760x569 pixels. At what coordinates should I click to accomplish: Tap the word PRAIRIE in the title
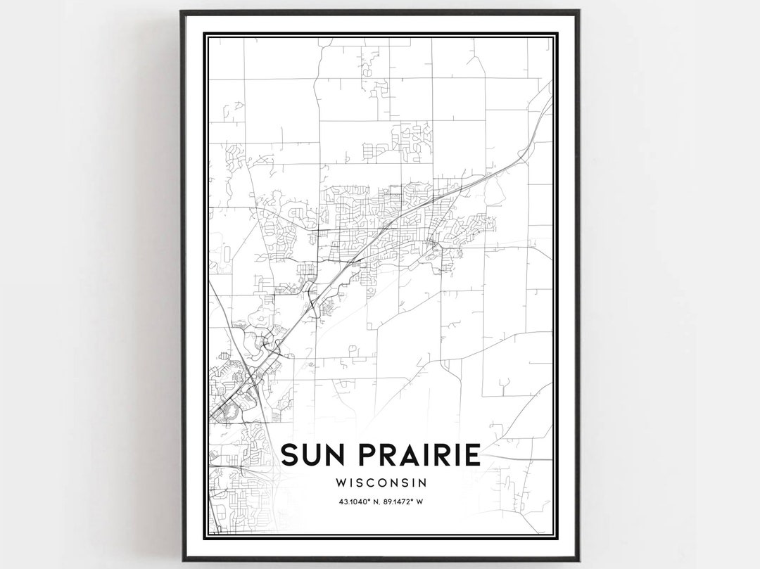[x=417, y=454]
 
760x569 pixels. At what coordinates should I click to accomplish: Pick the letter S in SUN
[x=289, y=454]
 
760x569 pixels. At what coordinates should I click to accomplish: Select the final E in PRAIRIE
[x=473, y=454]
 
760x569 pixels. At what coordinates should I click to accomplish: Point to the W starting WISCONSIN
[x=342, y=483]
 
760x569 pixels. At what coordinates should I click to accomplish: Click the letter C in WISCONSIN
[x=372, y=483]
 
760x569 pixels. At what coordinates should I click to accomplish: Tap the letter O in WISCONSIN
[x=384, y=483]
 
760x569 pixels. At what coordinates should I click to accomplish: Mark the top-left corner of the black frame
[x=182, y=11]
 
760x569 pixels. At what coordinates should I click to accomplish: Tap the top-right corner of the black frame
[x=578, y=11]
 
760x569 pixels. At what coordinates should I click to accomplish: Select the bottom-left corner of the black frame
[x=182, y=560]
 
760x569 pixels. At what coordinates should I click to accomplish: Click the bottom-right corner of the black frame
[x=578, y=560]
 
